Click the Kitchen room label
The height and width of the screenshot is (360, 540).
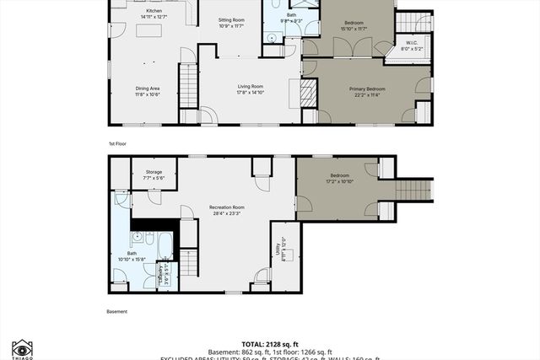[x=155, y=10]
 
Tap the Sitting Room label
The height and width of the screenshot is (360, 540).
[x=231, y=19]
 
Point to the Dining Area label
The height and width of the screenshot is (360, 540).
[x=148, y=88]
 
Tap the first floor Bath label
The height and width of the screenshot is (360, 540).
[x=290, y=15]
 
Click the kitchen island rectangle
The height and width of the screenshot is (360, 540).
[x=148, y=31]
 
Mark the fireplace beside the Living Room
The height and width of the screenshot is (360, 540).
[x=309, y=91]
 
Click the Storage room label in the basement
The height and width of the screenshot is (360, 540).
[x=154, y=172]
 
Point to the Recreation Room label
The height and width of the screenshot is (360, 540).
[x=228, y=207]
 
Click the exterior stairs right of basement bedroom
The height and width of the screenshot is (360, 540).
[x=414, y=190]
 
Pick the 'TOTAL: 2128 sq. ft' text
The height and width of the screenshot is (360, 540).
[x=269, y=344]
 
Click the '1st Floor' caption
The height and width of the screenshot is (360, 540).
[x=118, y=143]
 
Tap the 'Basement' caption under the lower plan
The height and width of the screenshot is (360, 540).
[x=117, y=311]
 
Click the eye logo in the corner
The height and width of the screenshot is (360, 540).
[x=22, y=347]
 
